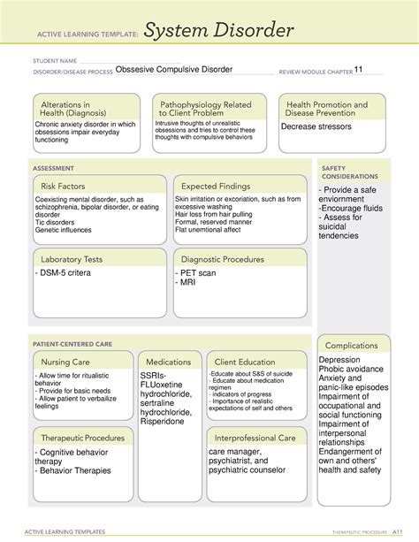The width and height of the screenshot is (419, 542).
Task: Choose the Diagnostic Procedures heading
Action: point(222,260)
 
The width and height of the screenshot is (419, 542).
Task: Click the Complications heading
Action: point(352,346)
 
